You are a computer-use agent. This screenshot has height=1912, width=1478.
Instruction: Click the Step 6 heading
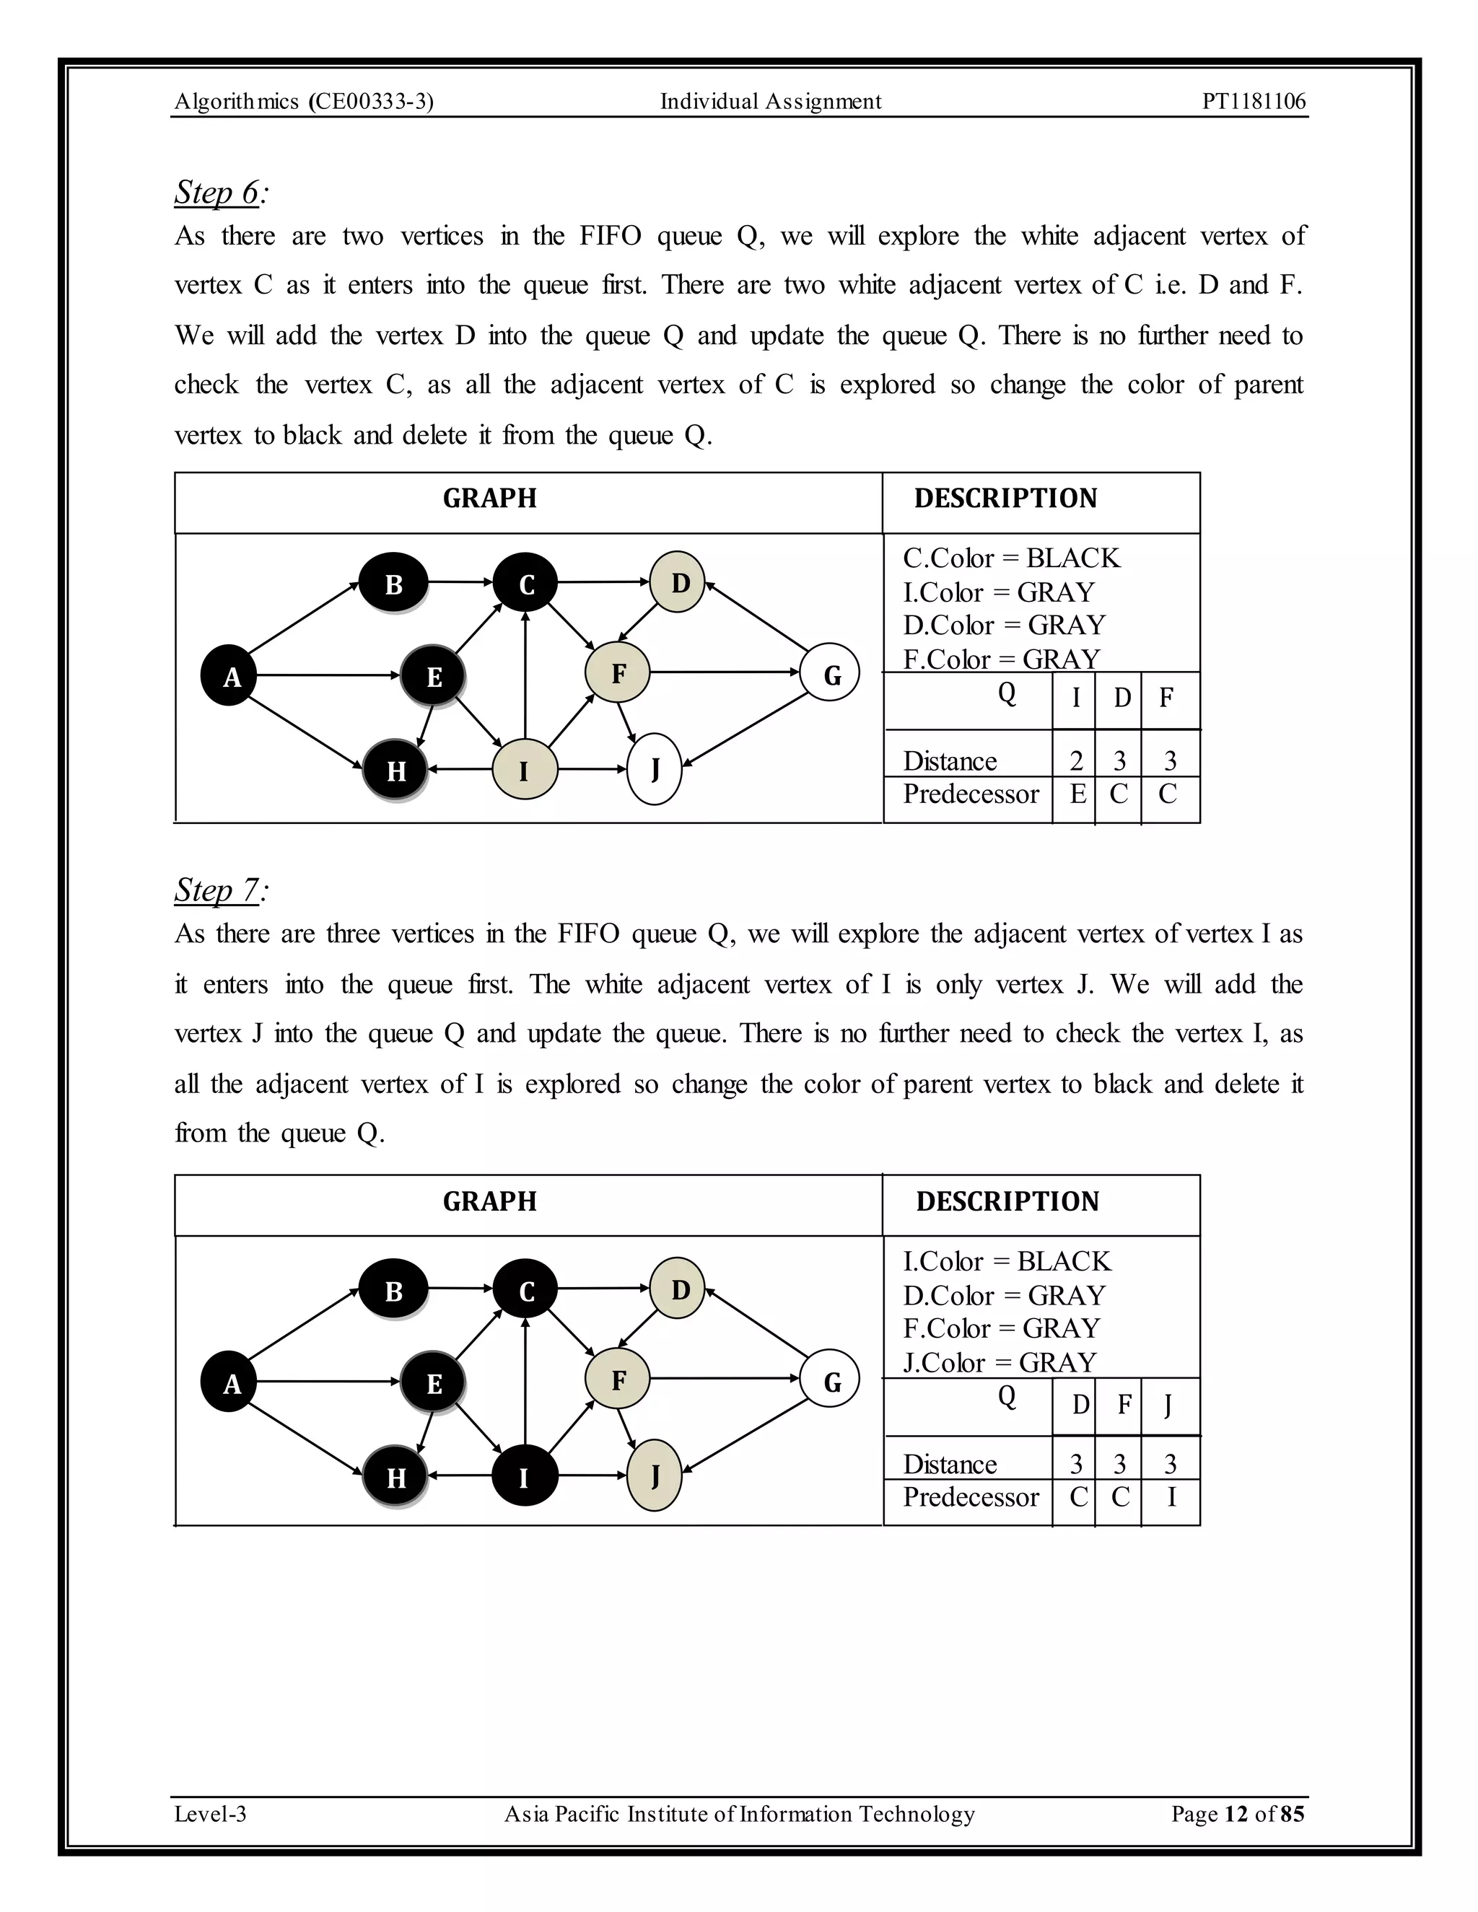[x=218, y=193]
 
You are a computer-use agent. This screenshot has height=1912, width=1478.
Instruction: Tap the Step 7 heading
[x=218, y=890]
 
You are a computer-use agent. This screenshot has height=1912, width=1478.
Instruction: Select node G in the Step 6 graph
[x=830, y=673]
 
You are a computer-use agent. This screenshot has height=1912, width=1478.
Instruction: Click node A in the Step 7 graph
[x=230, y=1382]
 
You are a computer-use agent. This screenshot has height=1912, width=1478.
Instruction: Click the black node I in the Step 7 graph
[x=525, y=1477]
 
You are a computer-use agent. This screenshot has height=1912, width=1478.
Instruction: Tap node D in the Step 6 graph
[x=679, y=582]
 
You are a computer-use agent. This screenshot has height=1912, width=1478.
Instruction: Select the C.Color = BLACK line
[x=1011, y=558]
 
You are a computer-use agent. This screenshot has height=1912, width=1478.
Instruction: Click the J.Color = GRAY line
[x=1000, y=1362]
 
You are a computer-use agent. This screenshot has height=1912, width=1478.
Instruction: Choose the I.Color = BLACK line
[x=1007, y=1261]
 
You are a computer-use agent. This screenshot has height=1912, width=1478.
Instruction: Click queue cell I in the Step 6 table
[x=1075, y=698]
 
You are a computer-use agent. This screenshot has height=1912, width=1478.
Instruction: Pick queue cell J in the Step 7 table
[x=1168, y=1405]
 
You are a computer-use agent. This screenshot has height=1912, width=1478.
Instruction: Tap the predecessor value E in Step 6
[x=1078, y=794]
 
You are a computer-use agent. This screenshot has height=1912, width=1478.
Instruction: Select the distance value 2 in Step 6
[x=1076, y=760]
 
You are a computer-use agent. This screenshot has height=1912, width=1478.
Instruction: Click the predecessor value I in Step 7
[x=1171, y=1497]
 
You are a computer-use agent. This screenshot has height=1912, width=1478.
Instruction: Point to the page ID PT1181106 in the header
[x=1253, y=102]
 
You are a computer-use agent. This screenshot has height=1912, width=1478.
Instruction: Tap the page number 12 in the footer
[x=1236, y=1814]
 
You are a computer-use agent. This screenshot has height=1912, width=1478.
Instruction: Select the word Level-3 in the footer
[x=210, y=1814]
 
